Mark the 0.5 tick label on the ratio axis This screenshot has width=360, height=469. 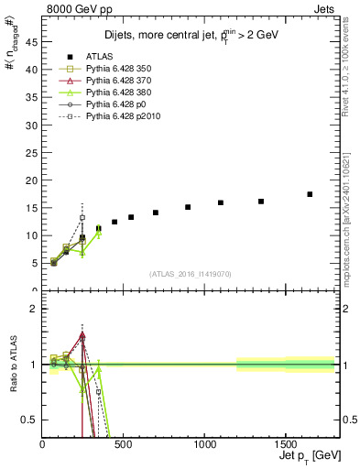pos(29,420)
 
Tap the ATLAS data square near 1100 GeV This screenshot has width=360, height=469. pos(221,202)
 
